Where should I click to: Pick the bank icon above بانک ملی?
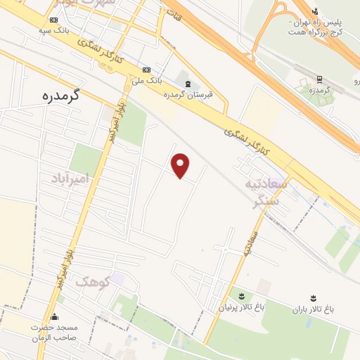click(x=147, y=70)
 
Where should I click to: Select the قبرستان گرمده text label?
click(x=187, y=94)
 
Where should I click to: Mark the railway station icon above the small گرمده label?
click(x=319, y=79)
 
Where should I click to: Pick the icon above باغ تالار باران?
click(x=313, y=298)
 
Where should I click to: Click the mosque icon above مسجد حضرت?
click(x=55, y=317)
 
